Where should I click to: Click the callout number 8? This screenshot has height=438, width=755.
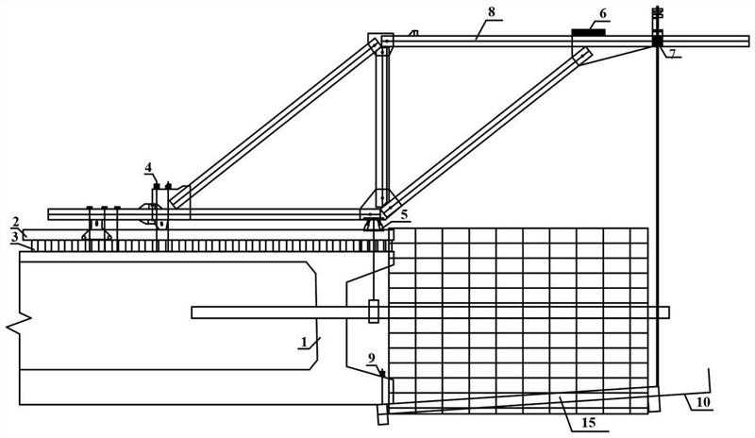coord(491,12)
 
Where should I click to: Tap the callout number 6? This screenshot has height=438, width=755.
coord(603,13)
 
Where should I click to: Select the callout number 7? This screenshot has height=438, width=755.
coord(672,51)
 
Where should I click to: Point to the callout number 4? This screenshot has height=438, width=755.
coord(148,167)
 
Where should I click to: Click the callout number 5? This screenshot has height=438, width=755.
coord(404,214)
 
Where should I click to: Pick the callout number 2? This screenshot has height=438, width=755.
coord(15,222)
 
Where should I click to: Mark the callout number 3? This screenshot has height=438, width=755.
coord(15,237)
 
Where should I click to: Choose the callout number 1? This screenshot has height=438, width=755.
coord(304,342)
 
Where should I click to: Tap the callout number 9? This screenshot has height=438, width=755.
coord(371,358)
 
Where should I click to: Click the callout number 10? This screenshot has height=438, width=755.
coord(703,402)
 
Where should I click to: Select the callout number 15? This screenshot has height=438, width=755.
coord(588,423)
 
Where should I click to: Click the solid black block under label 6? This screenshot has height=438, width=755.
coord(588,32)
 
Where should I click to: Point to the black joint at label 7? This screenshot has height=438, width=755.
coord(657,42)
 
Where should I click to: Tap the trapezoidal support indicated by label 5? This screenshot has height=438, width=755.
coord(373,225)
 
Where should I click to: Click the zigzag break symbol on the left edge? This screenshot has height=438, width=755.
coord(18,322)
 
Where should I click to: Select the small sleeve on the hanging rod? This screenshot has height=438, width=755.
coord(373,312)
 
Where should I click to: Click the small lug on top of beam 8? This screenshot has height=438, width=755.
coord(413,33)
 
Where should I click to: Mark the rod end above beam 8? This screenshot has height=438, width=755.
coord(657,13)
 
